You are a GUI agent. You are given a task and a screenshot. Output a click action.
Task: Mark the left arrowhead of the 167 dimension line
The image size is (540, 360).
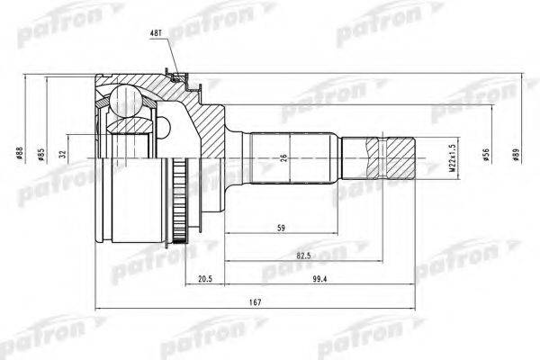coord(97,311)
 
